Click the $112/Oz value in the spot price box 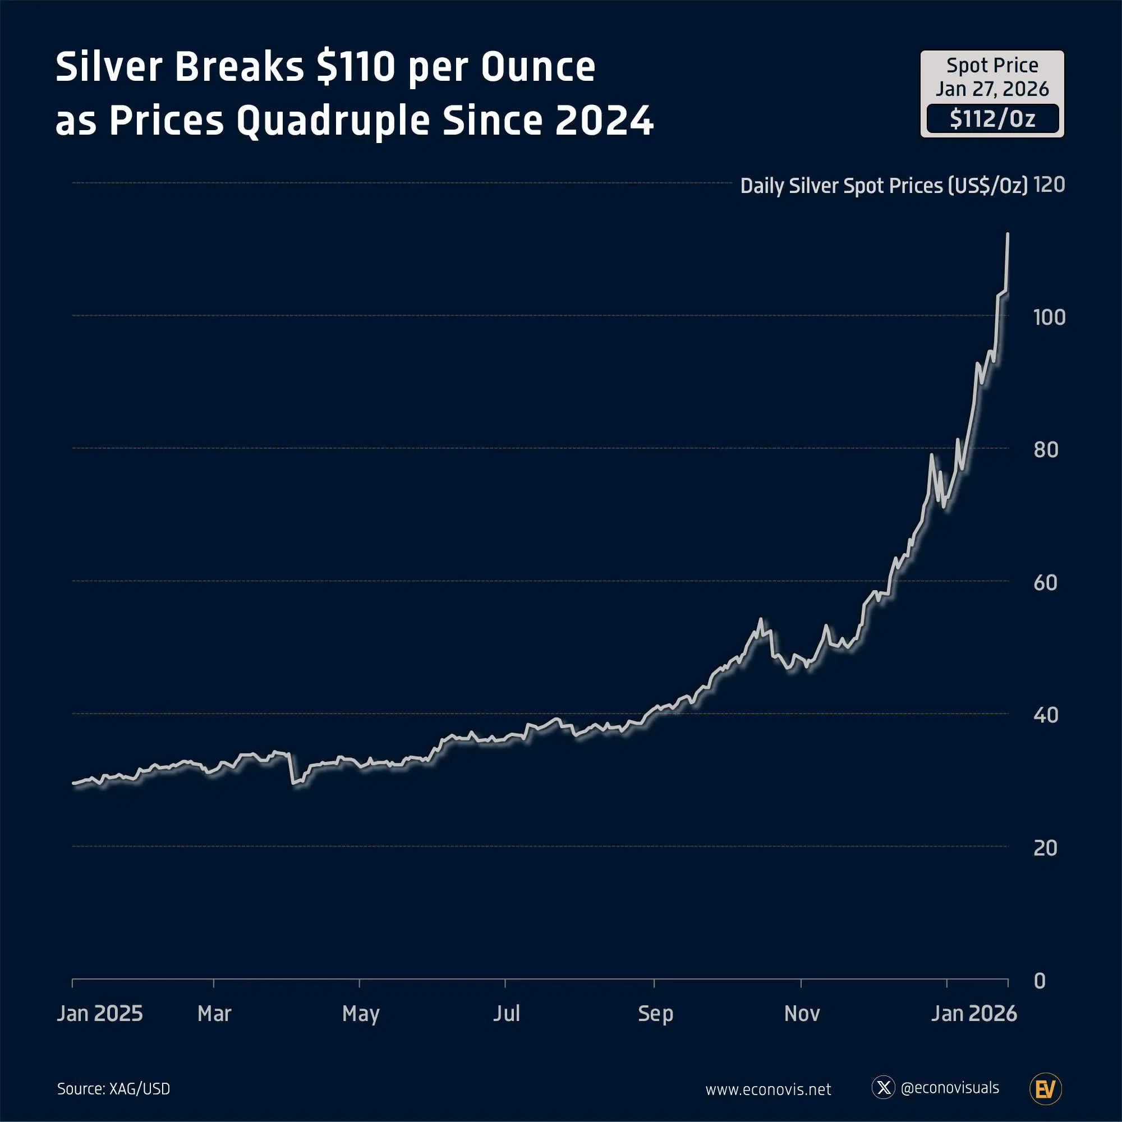tap(992, 119)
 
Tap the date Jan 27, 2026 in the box tap(992, 89)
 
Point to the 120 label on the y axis tap(1049, 185)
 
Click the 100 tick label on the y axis tap(1049, 317)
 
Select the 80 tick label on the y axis tap(1046, 449)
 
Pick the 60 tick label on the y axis tap(1046, 582)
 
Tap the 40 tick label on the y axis tap(1046, 715)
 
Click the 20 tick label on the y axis tap(1045, 848)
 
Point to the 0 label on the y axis tap(1040, 981)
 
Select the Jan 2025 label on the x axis tap(100, 1013)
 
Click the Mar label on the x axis tap(214, 1013)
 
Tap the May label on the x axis tap(361, 1014)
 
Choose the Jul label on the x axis tap(507, 1013)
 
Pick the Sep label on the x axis tap(655, 1014)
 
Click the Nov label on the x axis tap(802, 1013)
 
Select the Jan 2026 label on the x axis tap(974, 1013)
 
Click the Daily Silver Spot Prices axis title tap(884, 186)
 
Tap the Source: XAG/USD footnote tap(113, 1089)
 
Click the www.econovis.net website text tap(768, 1089)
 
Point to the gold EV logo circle tap(1045, 1089)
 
